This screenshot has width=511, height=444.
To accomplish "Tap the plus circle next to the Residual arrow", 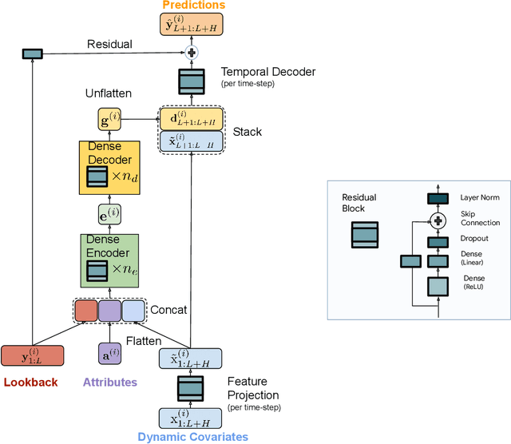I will coord(191,54).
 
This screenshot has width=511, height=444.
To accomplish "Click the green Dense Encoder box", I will coord(109,260).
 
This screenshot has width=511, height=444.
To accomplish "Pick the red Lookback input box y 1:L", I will coord(31,355).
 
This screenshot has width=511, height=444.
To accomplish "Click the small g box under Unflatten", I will coord(109,121).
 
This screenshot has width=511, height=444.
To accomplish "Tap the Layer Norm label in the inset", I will coord(478,198).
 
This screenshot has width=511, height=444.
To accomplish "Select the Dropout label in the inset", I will coord(475,238).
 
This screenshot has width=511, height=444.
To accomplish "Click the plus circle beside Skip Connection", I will coord(437,220).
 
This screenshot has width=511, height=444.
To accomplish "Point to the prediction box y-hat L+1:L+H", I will coord(191,26).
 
